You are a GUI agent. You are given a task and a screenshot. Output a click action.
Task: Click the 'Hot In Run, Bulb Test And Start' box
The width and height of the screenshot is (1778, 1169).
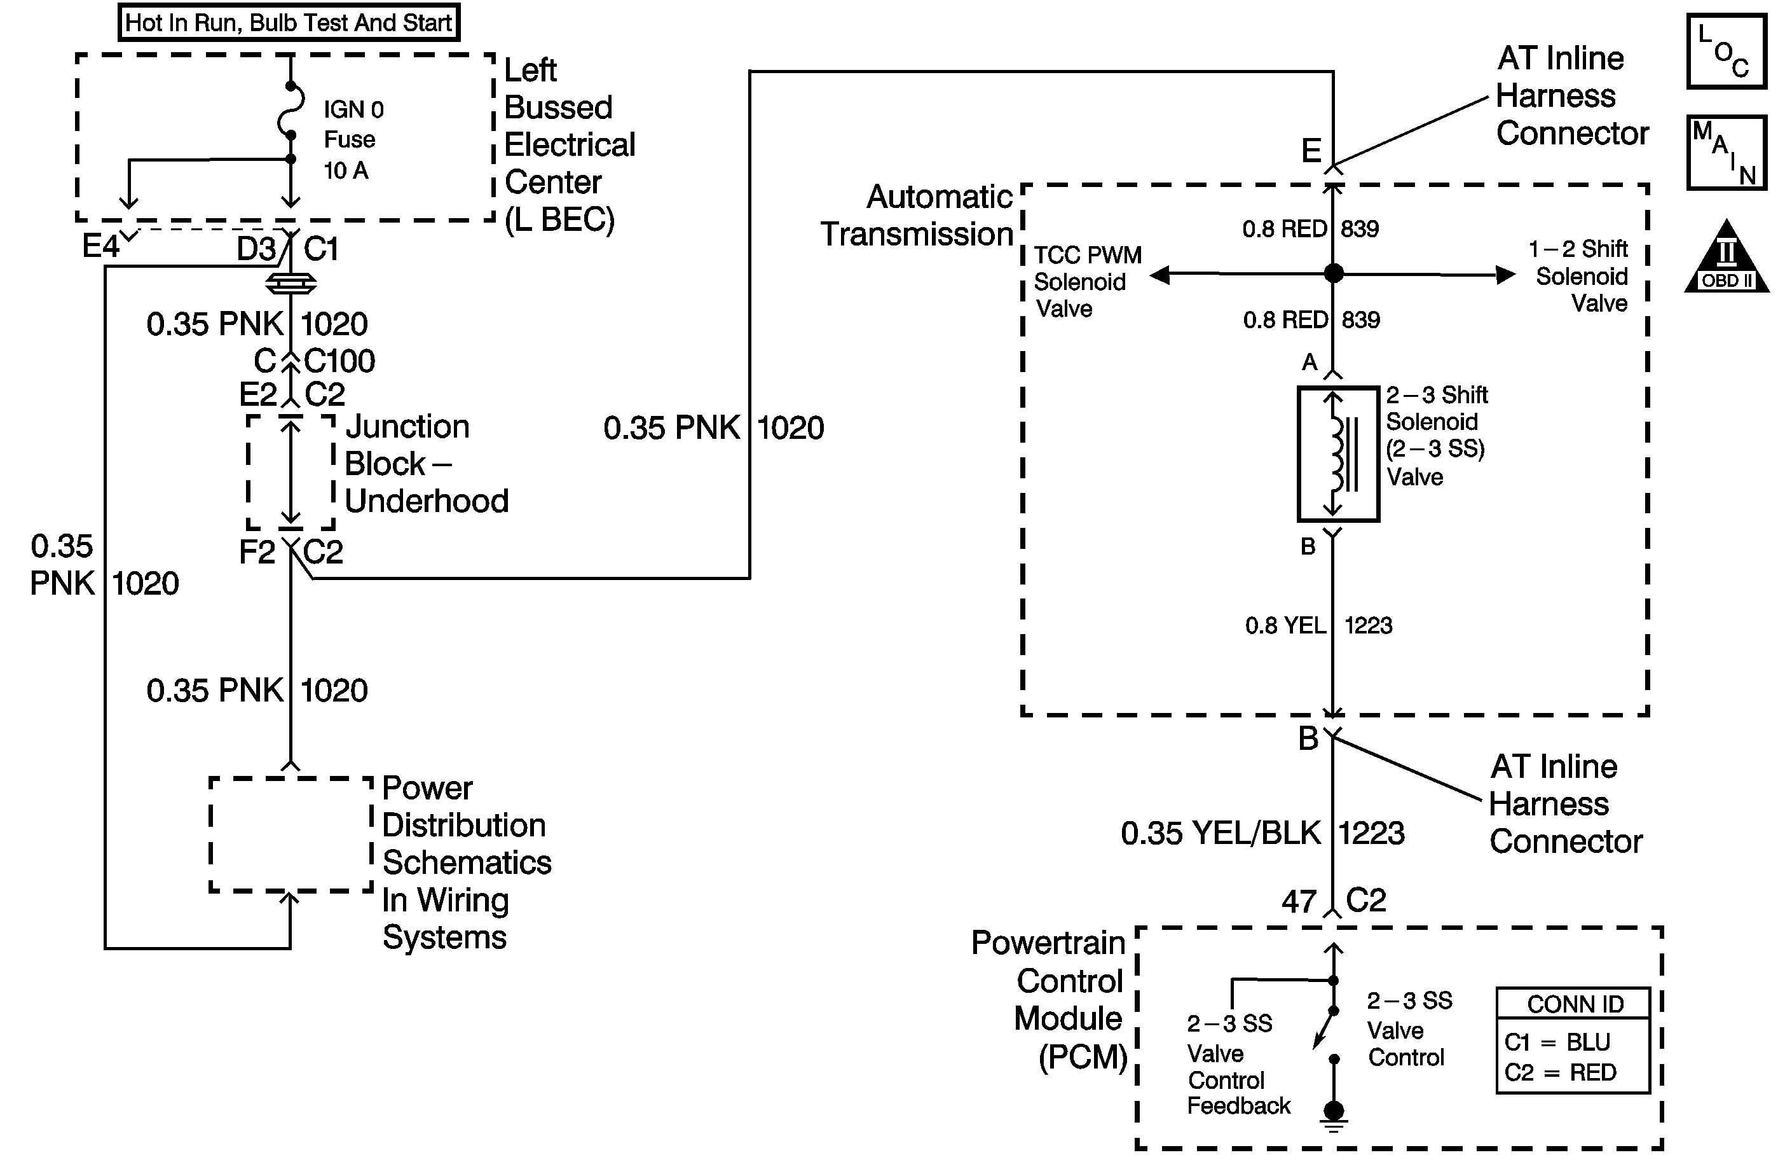[289, 22]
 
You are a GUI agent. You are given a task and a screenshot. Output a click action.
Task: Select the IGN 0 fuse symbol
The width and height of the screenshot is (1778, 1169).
[290, 111]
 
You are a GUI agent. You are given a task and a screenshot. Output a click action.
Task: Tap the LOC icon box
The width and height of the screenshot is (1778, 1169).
[1727, 51]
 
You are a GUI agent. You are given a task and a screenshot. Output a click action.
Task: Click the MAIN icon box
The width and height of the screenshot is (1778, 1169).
[1727, 153]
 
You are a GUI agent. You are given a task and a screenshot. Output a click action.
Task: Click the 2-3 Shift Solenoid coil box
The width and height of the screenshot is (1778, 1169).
[1338, 453]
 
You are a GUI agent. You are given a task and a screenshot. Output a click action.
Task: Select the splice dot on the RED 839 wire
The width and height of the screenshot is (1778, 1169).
[1334, 273]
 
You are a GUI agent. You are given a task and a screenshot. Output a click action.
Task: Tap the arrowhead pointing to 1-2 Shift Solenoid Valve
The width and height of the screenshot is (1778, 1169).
[1505, 275]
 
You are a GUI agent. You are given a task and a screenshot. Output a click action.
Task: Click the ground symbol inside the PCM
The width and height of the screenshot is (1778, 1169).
[1334, 1117]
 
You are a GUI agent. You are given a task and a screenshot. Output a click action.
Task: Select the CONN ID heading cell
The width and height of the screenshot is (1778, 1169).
[1573, 1004]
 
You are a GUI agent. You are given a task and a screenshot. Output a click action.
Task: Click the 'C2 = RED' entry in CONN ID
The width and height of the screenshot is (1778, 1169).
[1561, 1072]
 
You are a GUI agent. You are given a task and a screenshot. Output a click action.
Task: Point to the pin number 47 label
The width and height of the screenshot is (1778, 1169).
[1299, 901]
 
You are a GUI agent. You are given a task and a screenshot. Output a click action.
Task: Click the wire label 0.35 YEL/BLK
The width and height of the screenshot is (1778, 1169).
[1221, 833]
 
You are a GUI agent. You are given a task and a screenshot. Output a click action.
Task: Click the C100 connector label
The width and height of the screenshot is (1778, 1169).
[340, 361]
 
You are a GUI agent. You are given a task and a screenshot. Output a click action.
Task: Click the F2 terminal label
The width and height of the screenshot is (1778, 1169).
[257, 552]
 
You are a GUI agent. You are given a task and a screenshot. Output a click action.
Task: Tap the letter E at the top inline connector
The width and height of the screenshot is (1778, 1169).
[1311, 151]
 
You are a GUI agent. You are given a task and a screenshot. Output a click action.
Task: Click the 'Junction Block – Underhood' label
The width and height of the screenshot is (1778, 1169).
[427, 464]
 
